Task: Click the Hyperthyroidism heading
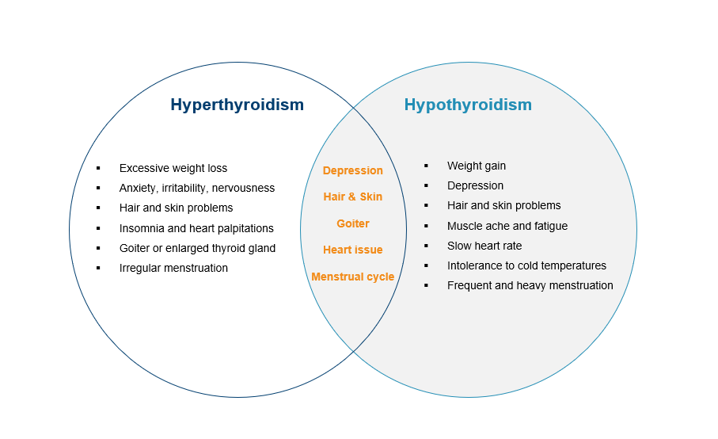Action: pos(237,105)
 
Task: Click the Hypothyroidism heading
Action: pos(468,105)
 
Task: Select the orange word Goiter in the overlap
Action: pos(352,223)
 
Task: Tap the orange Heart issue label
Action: pos(352,250)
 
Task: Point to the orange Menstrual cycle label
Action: pos(352,277)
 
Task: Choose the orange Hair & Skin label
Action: pos(352,197)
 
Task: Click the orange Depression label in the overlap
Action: pos(352,170)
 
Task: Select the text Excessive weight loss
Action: pos(173,168)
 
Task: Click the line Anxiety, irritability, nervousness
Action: pos(197,189)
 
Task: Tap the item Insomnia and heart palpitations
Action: pos(196,228)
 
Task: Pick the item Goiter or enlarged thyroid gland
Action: pos(197,248)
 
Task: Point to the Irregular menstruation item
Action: pos(173,268)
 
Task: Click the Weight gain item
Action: pos(477,166)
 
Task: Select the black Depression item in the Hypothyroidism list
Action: pos(475,185)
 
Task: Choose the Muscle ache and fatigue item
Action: pos(507,226)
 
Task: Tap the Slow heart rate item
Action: pos(484,246)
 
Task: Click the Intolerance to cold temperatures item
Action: pos(526,265)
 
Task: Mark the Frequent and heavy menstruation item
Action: pos(530,285)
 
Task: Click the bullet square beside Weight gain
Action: pos(426,166)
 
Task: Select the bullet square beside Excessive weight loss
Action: pos(98,168)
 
